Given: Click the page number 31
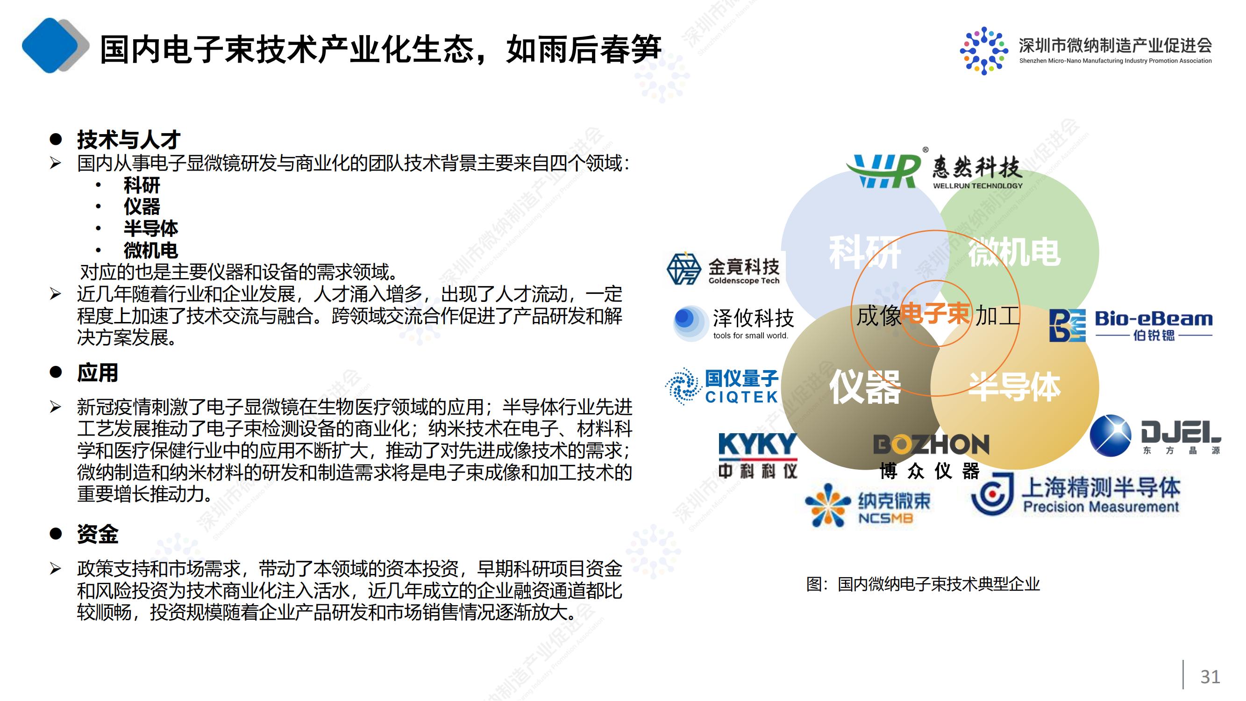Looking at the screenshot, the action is [1210, 676].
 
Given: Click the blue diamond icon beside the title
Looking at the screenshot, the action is [50, 45].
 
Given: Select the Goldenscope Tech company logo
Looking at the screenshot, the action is [723, 269].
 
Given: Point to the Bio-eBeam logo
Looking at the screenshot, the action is [1131, 325].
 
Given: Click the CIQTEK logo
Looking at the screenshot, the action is [722, 386].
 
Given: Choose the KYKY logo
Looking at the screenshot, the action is [758, 455].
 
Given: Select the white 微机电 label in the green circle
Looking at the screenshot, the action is [1015, 251].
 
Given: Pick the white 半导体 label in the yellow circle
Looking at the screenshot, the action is [1015, 387].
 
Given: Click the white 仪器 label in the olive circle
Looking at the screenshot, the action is [865, 387].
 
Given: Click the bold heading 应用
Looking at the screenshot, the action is [98, 372].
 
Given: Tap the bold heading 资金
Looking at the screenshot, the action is [98, 534].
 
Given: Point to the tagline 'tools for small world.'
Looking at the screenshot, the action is [751, 336].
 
